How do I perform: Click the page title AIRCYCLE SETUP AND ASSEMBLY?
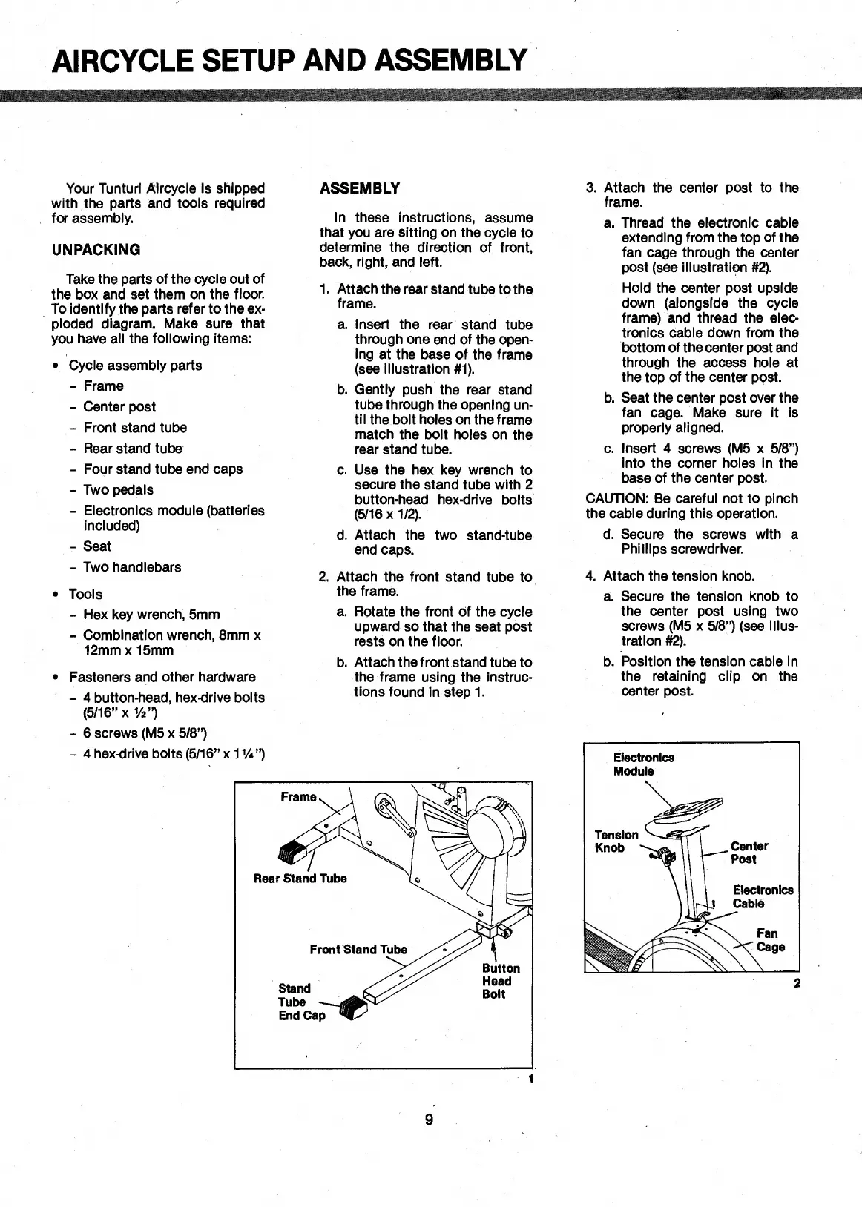(289, 59)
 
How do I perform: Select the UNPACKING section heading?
(96, 250)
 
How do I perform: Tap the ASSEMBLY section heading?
(360, 188)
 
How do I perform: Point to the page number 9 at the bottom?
(429, 1120)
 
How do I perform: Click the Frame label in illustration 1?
(298, 797)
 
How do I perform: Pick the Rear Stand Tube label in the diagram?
(300, 879)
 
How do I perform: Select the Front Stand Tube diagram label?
(358, 950)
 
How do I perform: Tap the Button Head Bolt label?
(501, 981)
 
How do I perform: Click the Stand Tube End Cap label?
(301, 1002)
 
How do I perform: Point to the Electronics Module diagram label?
(634, 764)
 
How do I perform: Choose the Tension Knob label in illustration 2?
(616, 841)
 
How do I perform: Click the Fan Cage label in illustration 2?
(770, 940)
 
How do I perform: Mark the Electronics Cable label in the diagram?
(763, 896)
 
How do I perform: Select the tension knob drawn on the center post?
(665, 856)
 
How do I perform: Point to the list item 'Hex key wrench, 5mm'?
(151, 615)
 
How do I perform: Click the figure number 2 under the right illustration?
(797, 984)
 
